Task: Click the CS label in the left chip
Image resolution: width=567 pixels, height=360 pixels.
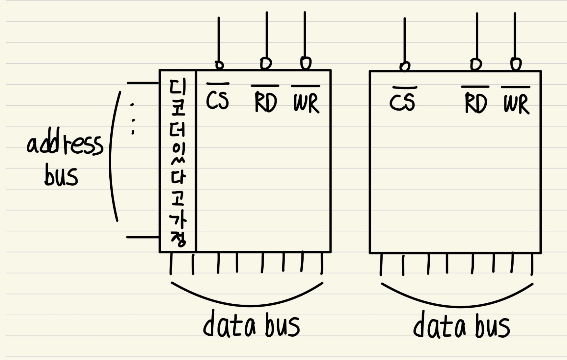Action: click(217, 100)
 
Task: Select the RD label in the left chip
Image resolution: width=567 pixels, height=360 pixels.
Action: click(265, 102)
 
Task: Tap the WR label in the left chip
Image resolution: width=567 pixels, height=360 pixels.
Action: click(306, 103)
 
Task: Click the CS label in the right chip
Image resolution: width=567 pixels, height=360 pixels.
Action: click(402, 102)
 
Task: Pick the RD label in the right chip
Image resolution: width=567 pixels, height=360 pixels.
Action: click(475, 103)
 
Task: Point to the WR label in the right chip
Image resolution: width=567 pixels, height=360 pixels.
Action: click(516, 104)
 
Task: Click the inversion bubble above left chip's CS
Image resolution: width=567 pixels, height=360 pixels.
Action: click(219, 65)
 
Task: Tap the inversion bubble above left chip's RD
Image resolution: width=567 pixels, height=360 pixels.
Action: click(266, 63)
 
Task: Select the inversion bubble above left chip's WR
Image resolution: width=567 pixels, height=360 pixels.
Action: click(306, 63)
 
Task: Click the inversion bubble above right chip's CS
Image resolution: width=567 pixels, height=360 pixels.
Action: click(405, 66)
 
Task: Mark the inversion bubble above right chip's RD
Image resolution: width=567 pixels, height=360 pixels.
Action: click(476, 64)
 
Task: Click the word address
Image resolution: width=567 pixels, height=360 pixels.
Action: click(65, 145)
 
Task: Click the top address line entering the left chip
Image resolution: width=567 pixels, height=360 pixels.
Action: click(143, 83)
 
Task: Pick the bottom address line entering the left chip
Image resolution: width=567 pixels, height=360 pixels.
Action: click(143, 237)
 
